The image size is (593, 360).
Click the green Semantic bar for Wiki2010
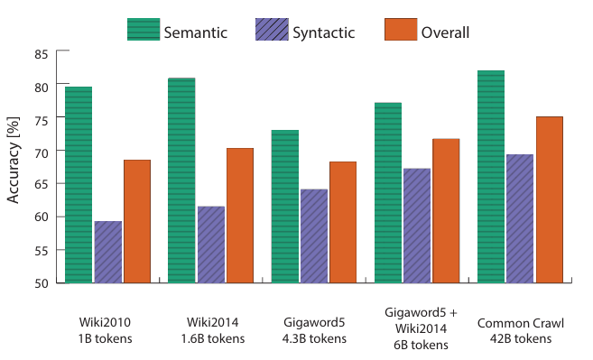coord(79,185)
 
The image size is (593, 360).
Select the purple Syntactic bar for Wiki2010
coord(108,252)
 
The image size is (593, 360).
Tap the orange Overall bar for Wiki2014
coord(240,216)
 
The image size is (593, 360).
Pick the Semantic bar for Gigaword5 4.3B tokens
coord(285,207)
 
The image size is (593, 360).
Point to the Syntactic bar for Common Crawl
coord(520,218)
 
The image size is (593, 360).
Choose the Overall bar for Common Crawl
coord(550,199)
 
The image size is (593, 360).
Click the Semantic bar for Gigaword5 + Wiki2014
coord(388,193)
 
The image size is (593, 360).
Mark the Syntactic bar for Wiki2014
coord(211,245)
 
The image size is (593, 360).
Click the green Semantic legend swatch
coord(144,29)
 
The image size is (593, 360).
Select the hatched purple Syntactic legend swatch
coord(272,29)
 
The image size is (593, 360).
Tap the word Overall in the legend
coord(445,32)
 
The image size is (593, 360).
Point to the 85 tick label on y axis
coord(42,54)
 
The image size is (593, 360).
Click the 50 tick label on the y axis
coord(42,283)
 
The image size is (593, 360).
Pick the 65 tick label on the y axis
coord(42,184)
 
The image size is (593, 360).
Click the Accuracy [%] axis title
coord(13,160)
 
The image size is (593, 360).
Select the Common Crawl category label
coord(521,323)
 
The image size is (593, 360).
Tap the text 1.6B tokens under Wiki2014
coord(212,338)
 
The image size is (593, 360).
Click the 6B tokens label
coord(421,345)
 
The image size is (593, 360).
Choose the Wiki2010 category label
coord(105,323)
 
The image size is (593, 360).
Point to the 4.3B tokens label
coord(314,338)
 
